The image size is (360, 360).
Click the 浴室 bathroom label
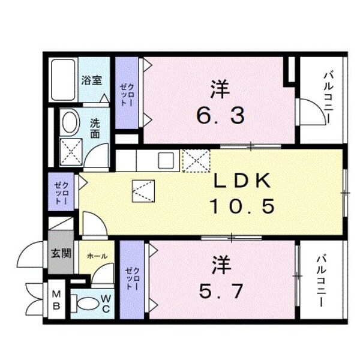(91, 80)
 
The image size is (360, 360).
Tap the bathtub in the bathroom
(63, 80)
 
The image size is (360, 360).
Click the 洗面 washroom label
(95, 128)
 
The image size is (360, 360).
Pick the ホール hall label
(97, 256)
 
